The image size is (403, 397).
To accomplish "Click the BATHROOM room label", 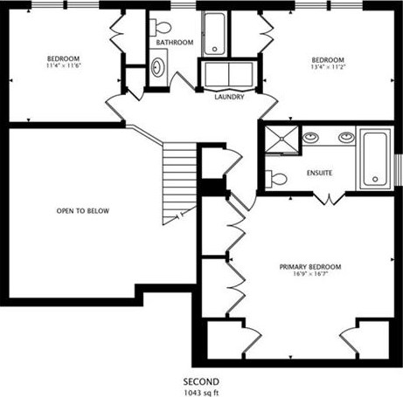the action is pyautogui.click(x=175, y=43).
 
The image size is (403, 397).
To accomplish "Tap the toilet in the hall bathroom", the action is pyautogui.click(x=160, y=28).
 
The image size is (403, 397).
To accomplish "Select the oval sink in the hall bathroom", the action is pyautogui.click(x=157, y=67).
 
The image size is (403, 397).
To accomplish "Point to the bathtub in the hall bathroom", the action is pyautogui.click(x=214, y=34).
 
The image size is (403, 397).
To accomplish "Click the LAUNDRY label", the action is pyautogui.click(x=229, y=97).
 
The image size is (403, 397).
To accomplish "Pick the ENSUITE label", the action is pyautogui.click(x=319, y=173).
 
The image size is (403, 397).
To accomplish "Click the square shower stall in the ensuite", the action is pyautogui.click(x=281, y=139).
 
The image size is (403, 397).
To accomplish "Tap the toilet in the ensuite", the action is pyautogui.click(x=276, y=179).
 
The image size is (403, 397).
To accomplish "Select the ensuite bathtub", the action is pyautogui.click(x=375, y=160).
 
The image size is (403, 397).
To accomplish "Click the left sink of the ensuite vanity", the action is pyautogui.click(x=310, y=137).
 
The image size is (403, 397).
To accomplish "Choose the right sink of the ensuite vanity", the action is pyautogui.click(x=346, y=137).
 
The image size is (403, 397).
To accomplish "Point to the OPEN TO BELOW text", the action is pyautogui.click(x=83, y=211).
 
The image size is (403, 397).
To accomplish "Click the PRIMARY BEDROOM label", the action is pyautogui.click(x=310, y=267).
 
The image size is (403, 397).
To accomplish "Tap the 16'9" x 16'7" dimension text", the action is pyautogui.click(x=311, y=274).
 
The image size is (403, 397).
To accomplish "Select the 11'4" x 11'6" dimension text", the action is pyautogui.click(x=64, y=65).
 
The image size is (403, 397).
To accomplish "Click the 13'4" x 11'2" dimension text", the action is pyautogui.click(x=328, y=67).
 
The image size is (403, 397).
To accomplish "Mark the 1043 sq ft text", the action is pyautogui.click(x=201, y=393).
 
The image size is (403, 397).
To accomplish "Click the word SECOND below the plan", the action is pyautogui.click(x=201, y=381).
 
